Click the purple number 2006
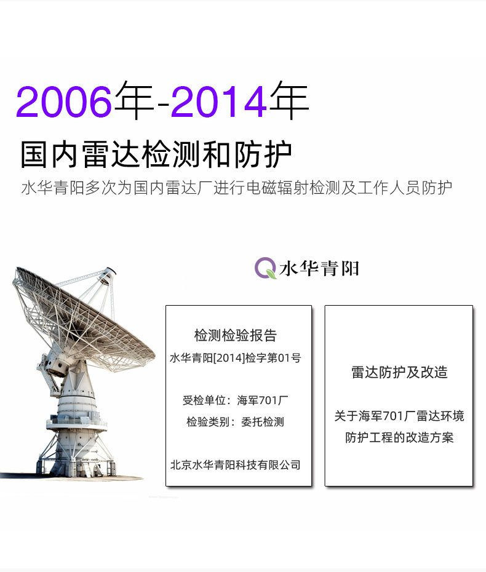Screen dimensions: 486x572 (64, 101)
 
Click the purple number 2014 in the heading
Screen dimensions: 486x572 (219, 101)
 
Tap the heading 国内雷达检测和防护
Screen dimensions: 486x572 (156, 154)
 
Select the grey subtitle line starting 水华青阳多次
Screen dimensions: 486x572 (236, 188)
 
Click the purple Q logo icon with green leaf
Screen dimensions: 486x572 (265, 268)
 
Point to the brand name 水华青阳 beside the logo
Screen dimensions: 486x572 (319, 269)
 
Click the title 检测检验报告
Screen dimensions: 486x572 (236, 335)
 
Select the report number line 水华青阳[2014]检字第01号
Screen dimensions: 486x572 (236, 358)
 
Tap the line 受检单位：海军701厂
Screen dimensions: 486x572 (236, 400)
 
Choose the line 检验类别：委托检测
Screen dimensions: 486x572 (236, 422)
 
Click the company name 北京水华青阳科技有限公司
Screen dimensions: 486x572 (236, 465)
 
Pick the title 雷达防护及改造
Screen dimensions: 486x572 (399, 372)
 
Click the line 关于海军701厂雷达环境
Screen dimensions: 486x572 (399, 416)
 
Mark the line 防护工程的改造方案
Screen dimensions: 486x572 (399, 437)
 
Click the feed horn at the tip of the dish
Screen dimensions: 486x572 (108, 276)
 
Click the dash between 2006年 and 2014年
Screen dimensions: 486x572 (162, 105)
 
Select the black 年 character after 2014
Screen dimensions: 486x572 (289, 100)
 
